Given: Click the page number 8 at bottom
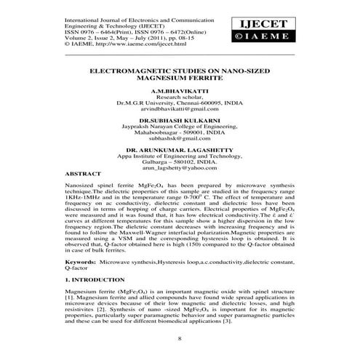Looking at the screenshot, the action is pyautogui.click(x=179, y=340).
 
